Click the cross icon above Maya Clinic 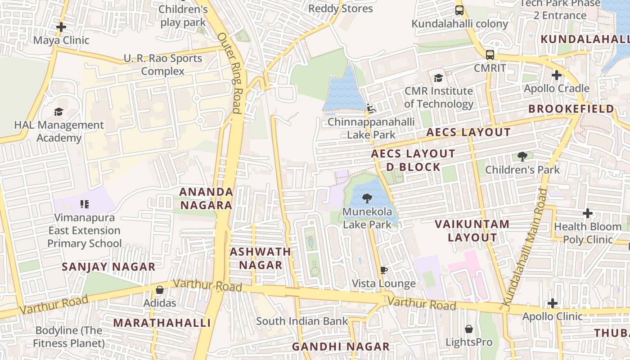[61, 27]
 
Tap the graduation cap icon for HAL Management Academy [58, 112]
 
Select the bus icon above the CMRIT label [490, 55]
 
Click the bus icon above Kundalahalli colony [459, 10]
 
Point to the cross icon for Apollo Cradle [557, 75]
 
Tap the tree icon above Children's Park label [522, 157]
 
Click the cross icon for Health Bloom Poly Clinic [588, 213]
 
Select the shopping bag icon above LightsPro [469, 329]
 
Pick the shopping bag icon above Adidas [159, 290]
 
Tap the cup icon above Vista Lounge [383, 270]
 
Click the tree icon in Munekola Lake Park [367, 198]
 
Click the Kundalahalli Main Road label [525, 247]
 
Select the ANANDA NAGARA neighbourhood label [206, 198]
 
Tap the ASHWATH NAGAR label [260, 258]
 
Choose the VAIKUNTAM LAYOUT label [472, 230]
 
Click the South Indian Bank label [302, 321]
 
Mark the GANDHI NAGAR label [341, 346]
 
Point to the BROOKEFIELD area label [571, 109]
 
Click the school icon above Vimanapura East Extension [84, 205]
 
